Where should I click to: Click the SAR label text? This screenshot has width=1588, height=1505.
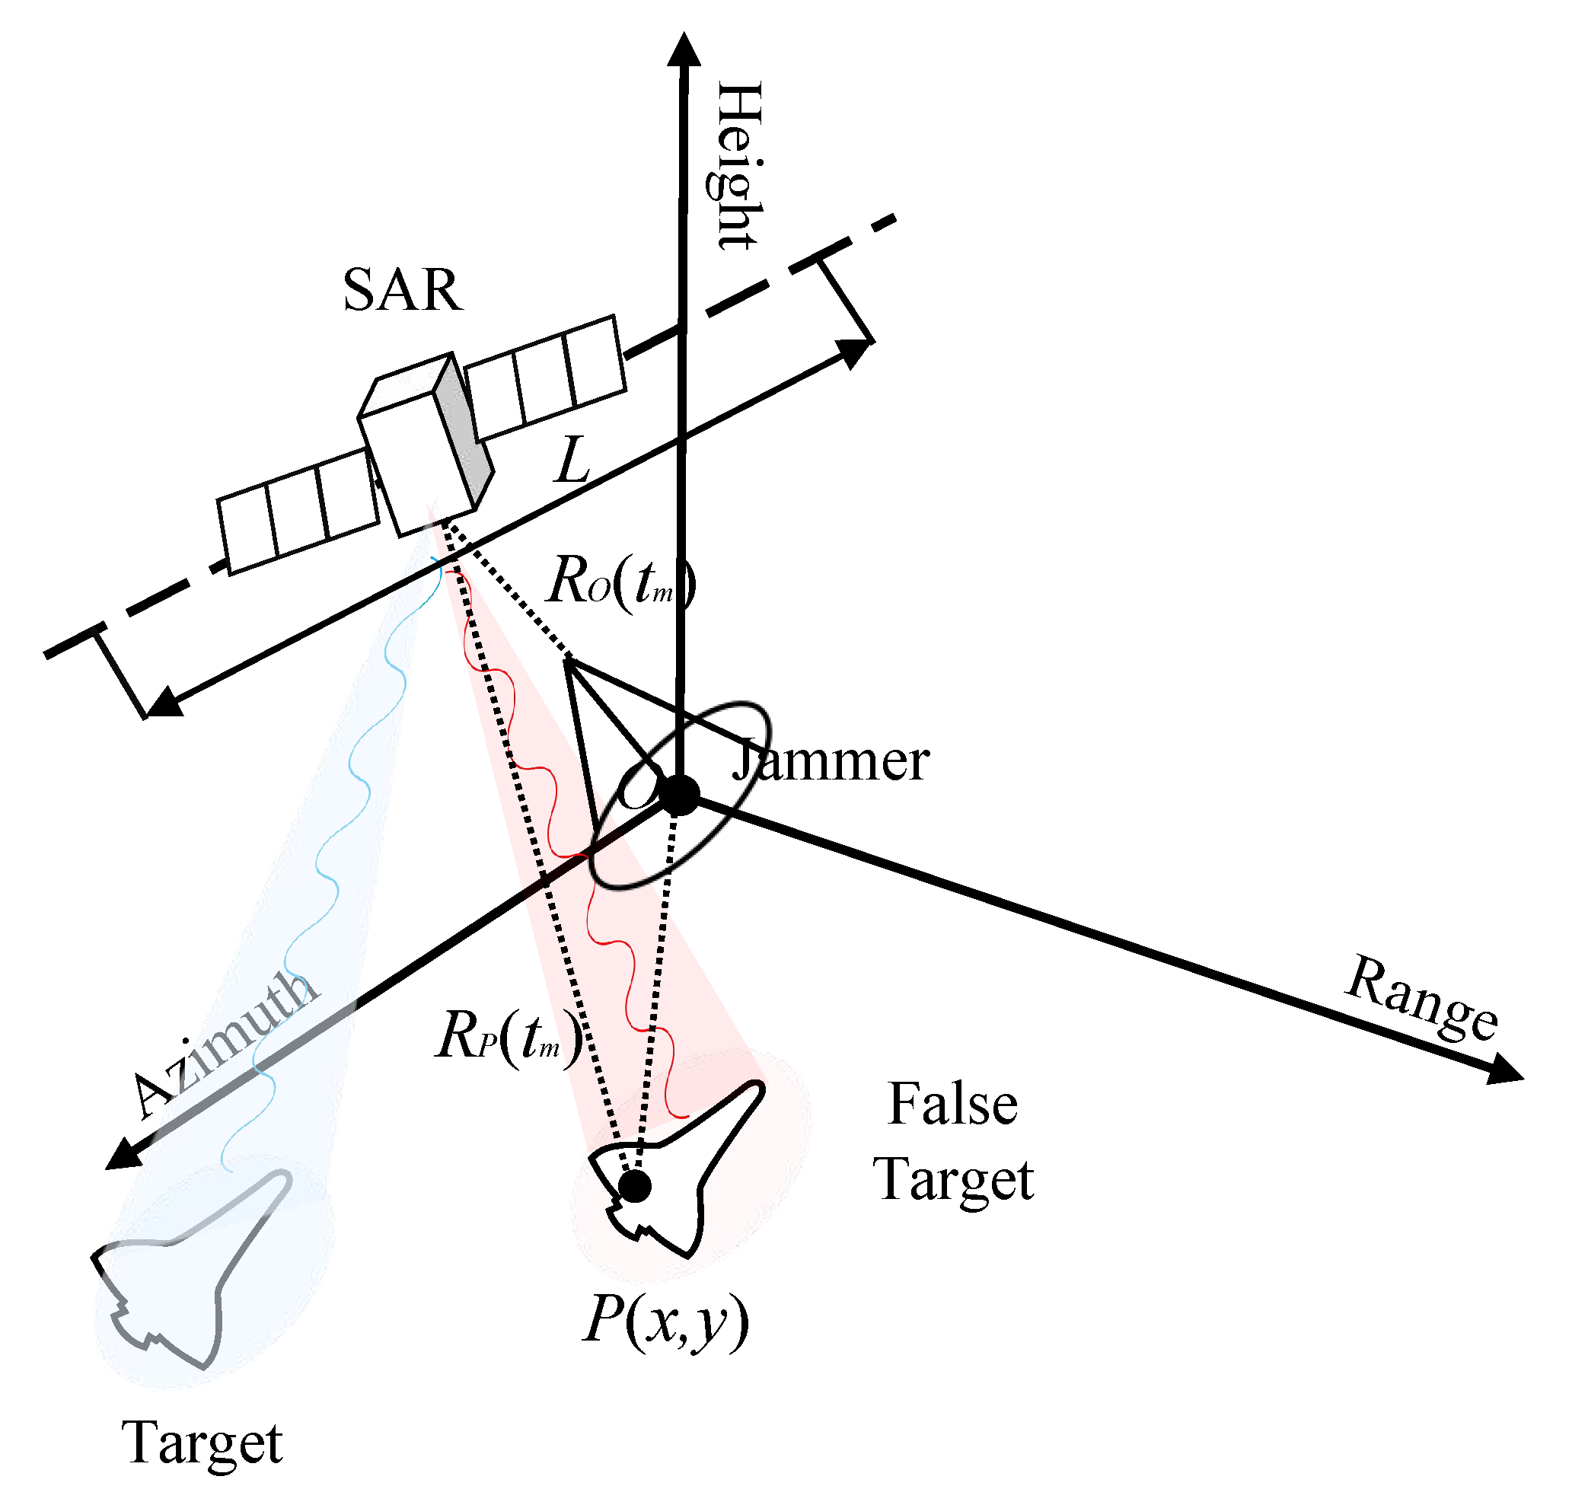tap(402, 289)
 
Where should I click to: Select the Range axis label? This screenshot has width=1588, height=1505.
tap(1421, 998)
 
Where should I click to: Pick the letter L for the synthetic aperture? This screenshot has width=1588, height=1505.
tap(573, 461)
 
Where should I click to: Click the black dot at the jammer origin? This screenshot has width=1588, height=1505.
tap(680, 795)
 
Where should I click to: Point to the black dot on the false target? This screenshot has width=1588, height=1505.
tap(635, 1186)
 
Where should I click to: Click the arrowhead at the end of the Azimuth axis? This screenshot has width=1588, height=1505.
tap(123, 1156)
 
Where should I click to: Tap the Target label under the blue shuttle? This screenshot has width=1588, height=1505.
tap(202, 1443)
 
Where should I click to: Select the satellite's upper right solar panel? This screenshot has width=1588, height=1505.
tap(545, 376)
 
